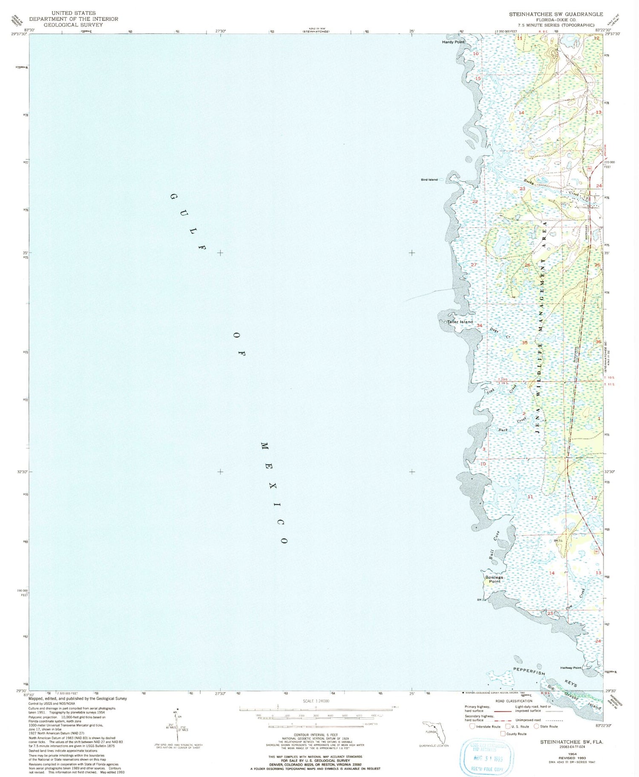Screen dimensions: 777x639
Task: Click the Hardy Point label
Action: point(453,42)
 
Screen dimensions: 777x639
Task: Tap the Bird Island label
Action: point(429,180)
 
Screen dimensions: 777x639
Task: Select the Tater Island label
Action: point(460,322)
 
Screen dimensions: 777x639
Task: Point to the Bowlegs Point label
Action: point(494,579)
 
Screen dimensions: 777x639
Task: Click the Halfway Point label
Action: point(571,668)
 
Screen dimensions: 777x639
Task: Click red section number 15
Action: point(478,79)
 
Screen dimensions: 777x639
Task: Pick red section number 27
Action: point(474,265)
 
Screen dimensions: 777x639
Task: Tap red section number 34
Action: point(479,326)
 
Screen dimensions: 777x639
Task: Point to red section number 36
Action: point(598,342)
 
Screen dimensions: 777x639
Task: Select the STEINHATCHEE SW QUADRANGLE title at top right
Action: point(556,14)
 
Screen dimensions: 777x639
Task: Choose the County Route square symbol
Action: point(503,734)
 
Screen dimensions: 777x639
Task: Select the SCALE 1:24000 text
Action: point(316,701)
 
